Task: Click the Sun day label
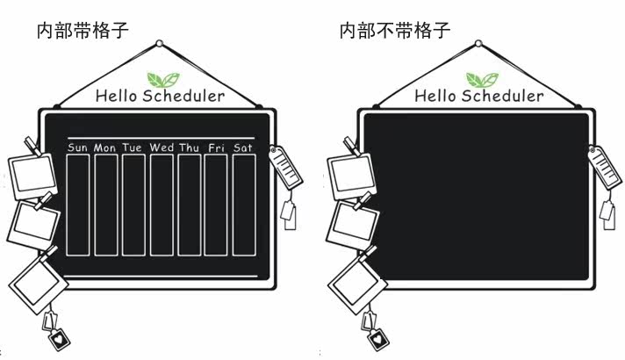[x=77, y=148]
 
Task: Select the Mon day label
[x=105, y=148]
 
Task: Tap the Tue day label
[x=133, y=148]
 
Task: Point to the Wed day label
[x=162, y=148]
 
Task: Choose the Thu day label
[x=190, y=148]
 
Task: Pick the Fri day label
[x=216, y=148]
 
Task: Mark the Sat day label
[x=243, y=148]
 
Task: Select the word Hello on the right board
[x=433, y=96]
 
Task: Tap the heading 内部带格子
[x=83, y=31]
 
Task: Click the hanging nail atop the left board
[x=159, y=43]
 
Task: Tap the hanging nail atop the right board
[x=478, y=43]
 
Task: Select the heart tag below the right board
[x=377, y=335]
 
